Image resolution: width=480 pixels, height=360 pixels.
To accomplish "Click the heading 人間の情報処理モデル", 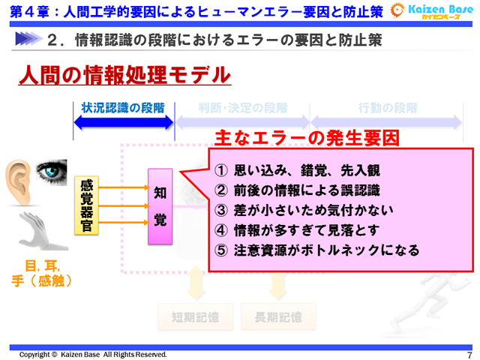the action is coord(124,75).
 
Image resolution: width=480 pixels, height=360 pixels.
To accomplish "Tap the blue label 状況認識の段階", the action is coord(123,107).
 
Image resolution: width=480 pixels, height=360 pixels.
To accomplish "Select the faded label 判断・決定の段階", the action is coord(242,107).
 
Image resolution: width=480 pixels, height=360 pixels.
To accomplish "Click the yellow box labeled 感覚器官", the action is coord(87,203).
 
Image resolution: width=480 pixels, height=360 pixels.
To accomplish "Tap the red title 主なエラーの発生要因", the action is coord(307,138).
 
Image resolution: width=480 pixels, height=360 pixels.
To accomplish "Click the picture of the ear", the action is coord(19,180).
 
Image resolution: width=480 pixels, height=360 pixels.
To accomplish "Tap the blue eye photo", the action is coord(52,172).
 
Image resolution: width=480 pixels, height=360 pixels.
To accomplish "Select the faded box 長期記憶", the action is coord(278,317).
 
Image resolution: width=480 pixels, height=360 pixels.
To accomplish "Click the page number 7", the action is coord(469,355).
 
